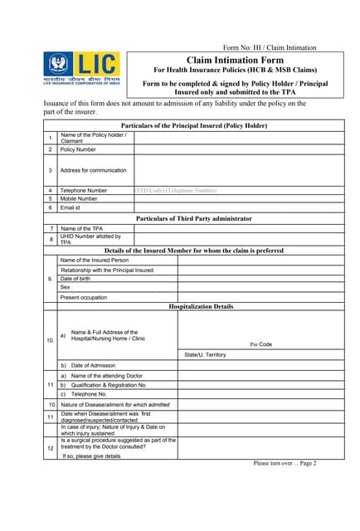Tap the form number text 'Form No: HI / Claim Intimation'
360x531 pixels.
tap(270, 47)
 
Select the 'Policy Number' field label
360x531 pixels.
tap(78, 149)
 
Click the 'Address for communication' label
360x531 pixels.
tap(94, 170)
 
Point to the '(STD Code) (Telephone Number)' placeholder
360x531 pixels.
tap(175, 190)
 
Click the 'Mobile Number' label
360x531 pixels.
tap(79, 199)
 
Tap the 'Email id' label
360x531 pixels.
tap(72, 207)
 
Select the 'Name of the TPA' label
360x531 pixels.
tap(82, 228)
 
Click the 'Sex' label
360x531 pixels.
tap(66, 288)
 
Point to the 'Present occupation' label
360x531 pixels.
tap(84, 297)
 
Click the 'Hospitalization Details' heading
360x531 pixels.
tap(201, 306)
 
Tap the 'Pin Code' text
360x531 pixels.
tap(260, 343)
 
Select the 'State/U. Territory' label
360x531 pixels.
tap(205, 355)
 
